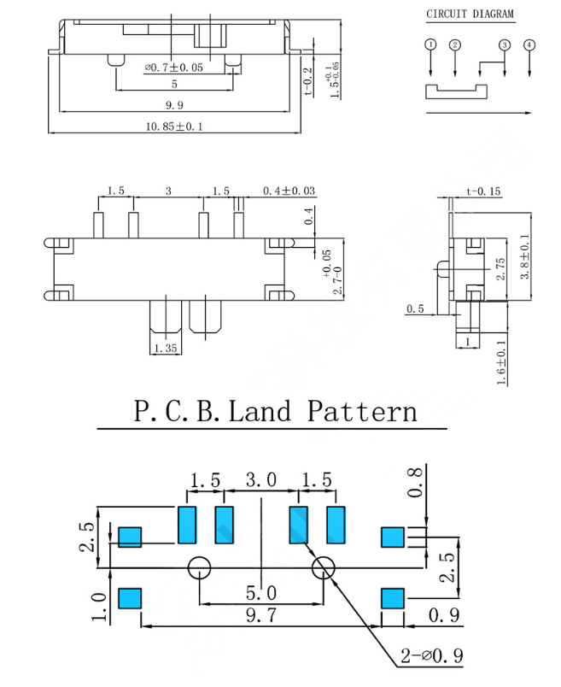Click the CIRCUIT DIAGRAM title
click(x=470, y=15)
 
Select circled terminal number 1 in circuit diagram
click(x=431, y=44)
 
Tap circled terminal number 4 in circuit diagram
click(x=530, y=44)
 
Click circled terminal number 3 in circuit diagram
click(x=505, y=44)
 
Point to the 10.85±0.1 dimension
click(x=174, y=126)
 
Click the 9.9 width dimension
click(x=176, y=105)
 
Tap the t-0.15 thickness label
click(x=483, y=191)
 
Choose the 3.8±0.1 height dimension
click(x=525, y=258)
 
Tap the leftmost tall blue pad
click(x=187, y=525)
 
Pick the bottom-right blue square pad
click(x=392, y=597)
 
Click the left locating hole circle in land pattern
click(x=199, y=568)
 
